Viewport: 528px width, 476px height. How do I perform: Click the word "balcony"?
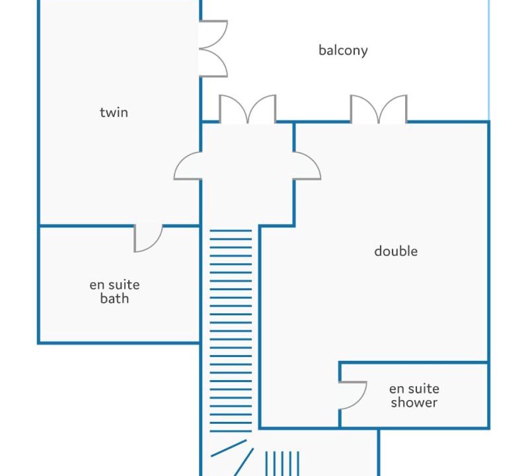point(343,50)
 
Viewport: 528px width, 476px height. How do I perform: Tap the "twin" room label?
point(114,112)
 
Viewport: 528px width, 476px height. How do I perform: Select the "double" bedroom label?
point(396,251)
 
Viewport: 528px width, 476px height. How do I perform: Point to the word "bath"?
point(114,298)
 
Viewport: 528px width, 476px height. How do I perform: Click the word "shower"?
point(414,402)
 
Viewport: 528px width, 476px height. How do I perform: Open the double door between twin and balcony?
point(213,49)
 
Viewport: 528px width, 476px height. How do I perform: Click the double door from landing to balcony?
point(248,109)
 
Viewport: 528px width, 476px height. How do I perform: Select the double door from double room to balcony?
point(379,109)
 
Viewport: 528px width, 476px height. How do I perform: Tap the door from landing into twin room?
point(188,166)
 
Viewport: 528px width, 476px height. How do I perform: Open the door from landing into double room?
point(307,166)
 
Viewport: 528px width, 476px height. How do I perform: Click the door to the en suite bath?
point(148,238)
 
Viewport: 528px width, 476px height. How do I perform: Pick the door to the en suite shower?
point(353,395)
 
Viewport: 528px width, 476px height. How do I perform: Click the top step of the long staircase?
point(231,231)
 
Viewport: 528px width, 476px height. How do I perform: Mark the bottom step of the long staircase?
point(231,431)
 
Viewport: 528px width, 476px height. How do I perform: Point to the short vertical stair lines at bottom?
point(282,463)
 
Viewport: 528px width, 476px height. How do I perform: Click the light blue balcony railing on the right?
point(488,60)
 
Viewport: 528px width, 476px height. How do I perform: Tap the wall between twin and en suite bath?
point(120,225)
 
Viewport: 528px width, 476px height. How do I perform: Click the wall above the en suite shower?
point(414,362)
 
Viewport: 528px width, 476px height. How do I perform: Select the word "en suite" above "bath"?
point(114,285)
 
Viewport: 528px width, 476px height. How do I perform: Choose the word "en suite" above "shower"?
point(414,389)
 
